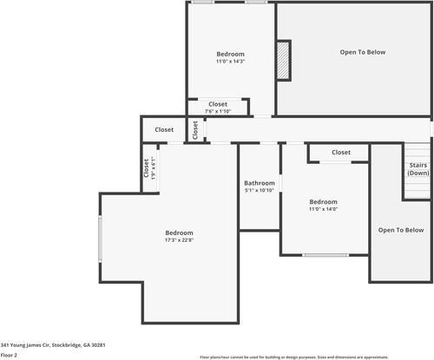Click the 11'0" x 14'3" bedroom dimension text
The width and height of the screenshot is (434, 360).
pyautogui.click(x=230, y=62)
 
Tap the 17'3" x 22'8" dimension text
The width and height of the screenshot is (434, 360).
pyautogui.click(x=179, y=240)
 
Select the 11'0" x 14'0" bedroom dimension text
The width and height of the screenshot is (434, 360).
pyautogui.click(x=323, y=209)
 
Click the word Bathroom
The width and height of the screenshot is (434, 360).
pyautogui.click(x=259, y=183)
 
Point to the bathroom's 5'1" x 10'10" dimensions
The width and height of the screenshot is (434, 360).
pyautogui.click(x=259, y=190)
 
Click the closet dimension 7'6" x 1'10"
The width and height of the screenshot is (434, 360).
pyautogui.click(x=218, y=111)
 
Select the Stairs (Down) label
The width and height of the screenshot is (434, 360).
pyautogui.click(x=418, y=168)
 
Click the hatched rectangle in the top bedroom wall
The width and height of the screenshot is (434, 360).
pyautogui.click(x=282, y=61)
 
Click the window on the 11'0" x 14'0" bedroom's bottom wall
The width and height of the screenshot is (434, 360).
pyautogui.click(x=325, y=255)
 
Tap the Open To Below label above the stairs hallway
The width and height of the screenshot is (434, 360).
pyautogui.click(x=362, y=52)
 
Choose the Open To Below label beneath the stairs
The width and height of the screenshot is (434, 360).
pyautogui.click(x=400, y=230)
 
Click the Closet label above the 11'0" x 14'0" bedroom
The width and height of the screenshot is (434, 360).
pyautogui.click(x=341, y=153)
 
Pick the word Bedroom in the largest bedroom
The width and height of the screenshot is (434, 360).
pyautogui.click(x=179, y=232)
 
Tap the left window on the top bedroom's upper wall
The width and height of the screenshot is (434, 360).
pyautogui.click(x=203, y=2)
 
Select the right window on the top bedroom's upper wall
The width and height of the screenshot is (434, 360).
pyautogui.click(x=255, y=2)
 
